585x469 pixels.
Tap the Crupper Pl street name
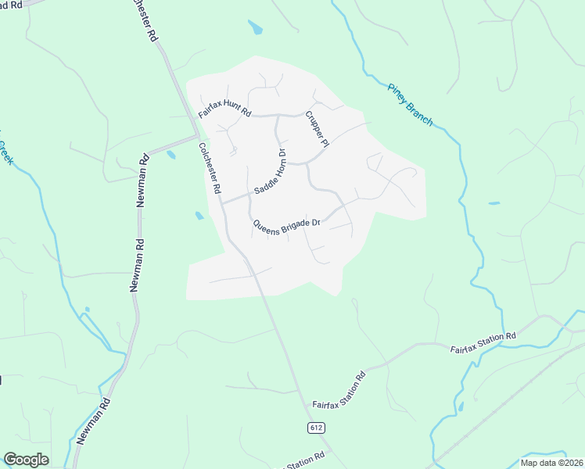(315, 129)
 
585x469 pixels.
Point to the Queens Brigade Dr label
(287, 224)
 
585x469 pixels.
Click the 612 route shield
(315, 428)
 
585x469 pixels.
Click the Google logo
(26, 460)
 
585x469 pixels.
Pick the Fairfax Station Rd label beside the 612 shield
(339, 393)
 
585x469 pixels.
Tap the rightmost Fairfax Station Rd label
(483, 343)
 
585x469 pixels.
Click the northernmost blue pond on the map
(255, 28)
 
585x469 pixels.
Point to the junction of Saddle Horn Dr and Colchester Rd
(222, 202)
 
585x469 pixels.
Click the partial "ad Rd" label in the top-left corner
(11, 5)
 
